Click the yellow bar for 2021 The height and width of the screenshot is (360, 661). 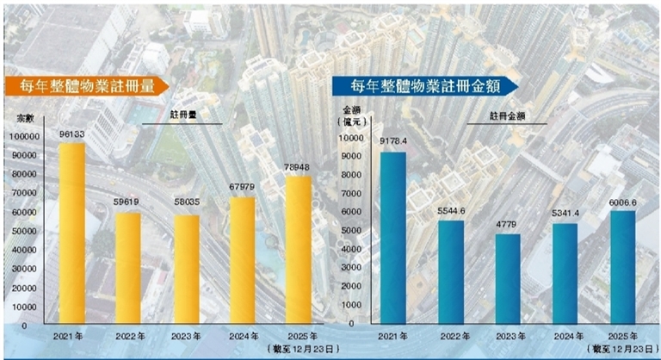coord(71,234)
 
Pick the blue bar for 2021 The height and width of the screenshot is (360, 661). coord(392,239)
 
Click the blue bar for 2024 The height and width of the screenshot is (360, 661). coord(565,275)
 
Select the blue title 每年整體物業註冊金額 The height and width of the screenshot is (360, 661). coord(423,85)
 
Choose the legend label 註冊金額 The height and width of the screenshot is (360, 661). coord(509,115)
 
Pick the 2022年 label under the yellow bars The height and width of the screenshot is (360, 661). coord(129,337)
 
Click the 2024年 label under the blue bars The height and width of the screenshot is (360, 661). coord(565,337)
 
